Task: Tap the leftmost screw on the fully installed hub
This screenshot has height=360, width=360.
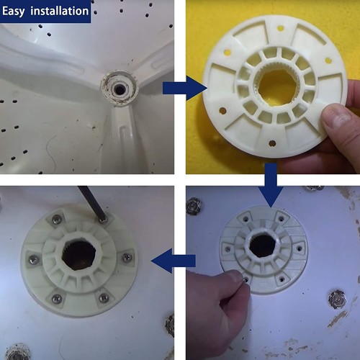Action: [32, 259]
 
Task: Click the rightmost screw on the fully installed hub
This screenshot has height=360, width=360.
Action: [127, 257]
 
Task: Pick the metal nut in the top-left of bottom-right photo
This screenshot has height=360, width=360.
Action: [193, 207]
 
